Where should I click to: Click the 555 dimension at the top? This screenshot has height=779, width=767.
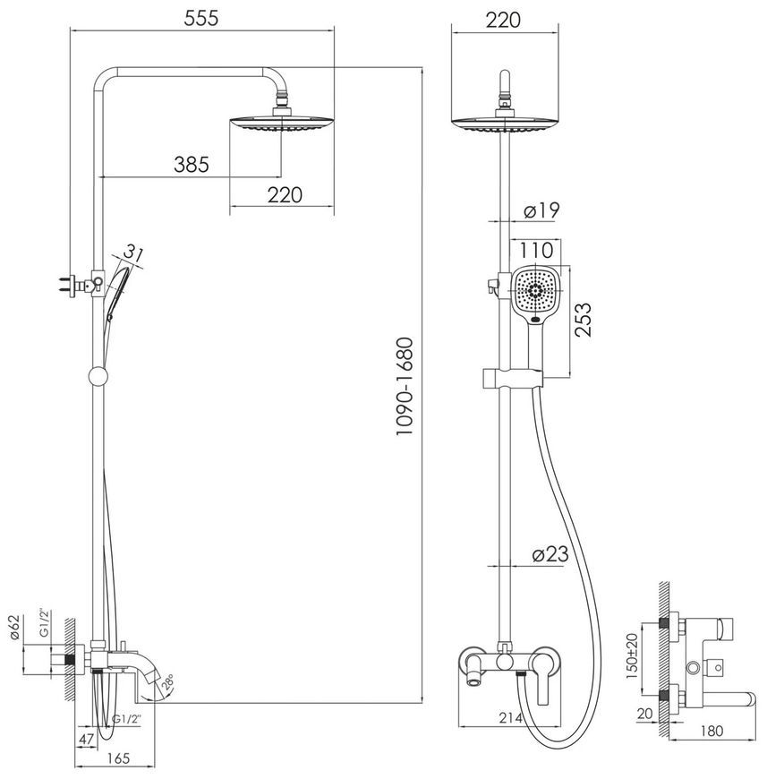pyautogui.click(x=201, y=19)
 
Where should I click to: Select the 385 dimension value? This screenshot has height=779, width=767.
pyautogui.click(x=192, y=164)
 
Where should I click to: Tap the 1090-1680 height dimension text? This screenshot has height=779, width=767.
pyautogui.click(x=405, y=387)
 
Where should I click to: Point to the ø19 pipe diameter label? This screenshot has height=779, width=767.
pyautogui.click(x=541, y=210)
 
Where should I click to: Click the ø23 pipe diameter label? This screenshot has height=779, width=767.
pyautogui.click(x=550, y=554)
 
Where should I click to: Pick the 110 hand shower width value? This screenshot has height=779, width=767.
pyautogui.click(x=536, y=250)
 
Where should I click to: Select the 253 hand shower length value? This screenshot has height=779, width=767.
pyautogui.click(x=584, y=320)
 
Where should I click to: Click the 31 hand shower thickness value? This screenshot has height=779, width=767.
pyautogui.click(x=133, y=253)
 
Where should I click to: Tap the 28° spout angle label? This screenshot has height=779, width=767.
pyautogui.click(x=166, y=684)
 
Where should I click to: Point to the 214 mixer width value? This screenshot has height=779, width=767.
pyautogui.click(x=511, y=717)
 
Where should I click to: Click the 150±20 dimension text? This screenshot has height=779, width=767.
pyautogui.click(x=632, y=656)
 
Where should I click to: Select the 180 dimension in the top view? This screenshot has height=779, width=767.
pyautogui.click(x=712, y=731)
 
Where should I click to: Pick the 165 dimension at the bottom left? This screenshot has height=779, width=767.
pyautogui.click(x=118, y=758)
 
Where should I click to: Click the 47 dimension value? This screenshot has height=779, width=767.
pyautogui.click(x=87, y=739)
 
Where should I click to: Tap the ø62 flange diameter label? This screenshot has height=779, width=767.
pyautogui.click(x=14, y=628)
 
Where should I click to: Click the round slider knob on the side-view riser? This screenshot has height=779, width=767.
pyautogui.click(x=98, y=376)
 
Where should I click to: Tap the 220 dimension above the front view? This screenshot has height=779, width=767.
pyautogui.click(x=503, y=20)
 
